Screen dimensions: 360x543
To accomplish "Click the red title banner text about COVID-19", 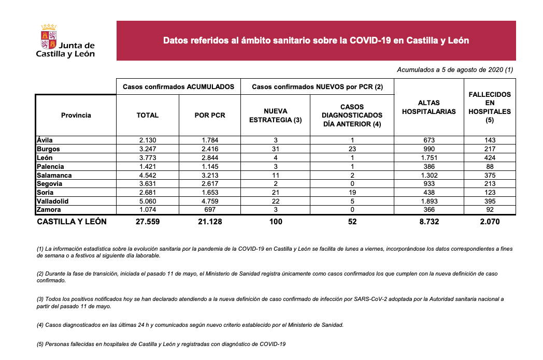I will pos(316,40).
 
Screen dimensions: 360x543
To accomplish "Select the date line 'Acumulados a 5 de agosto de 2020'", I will pos(454,69).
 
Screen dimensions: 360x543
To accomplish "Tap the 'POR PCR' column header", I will pos(210,116).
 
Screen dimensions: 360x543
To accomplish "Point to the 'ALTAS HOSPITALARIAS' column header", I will pos(429,107).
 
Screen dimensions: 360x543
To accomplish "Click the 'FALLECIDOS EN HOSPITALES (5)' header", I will pos(490,107).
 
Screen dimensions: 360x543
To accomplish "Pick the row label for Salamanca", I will pos(54,175).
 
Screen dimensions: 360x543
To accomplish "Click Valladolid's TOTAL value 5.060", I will pos(148,201).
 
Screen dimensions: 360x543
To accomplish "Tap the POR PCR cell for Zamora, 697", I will pos(210,210).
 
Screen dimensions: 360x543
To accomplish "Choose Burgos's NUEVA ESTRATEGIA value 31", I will pos(276,149).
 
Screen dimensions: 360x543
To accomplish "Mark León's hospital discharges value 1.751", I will pos(428,157).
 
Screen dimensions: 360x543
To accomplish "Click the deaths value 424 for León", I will pos(490,157).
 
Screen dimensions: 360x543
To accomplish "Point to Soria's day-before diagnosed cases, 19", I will pos(352,193).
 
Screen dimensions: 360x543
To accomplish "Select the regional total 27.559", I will pos(148,222).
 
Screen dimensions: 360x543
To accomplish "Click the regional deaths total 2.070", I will pos(490,222).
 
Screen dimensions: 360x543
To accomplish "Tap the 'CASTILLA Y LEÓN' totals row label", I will pos(72,222).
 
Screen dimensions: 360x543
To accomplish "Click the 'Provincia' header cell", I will pos(76,116).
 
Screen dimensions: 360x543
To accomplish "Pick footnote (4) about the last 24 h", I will pos(190,325).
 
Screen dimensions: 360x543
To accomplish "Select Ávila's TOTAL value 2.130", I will pos(148,140).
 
